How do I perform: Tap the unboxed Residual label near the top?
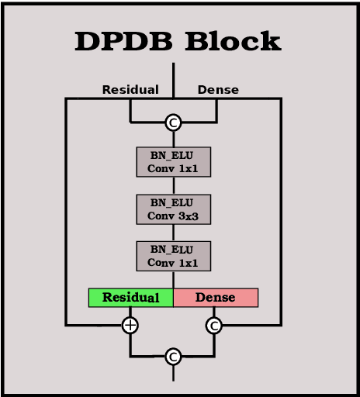pos(130,90)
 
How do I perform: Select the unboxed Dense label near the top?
pos(218,90)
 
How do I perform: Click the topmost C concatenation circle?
pos(174,123)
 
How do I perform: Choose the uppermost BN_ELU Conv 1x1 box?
pos(174,162)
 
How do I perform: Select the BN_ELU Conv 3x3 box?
pos(174,209)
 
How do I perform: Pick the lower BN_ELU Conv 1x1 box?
pos(174,257)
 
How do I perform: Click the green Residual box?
pos(130,298)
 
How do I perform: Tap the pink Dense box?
pos(216,298)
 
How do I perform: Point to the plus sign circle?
pos(130,326)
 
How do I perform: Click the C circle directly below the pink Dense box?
pos(215,326)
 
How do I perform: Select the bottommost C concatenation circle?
pos(174,357)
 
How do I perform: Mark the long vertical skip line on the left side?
pos(66,209)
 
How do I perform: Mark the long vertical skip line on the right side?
pos(280,209)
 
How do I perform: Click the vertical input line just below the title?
pos(174,78)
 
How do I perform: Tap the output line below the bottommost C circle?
pos(174,373)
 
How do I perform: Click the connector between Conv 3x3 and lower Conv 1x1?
pos(174,233)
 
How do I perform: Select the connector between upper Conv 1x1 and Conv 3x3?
pos(174,186)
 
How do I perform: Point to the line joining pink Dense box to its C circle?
pos(215,312)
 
